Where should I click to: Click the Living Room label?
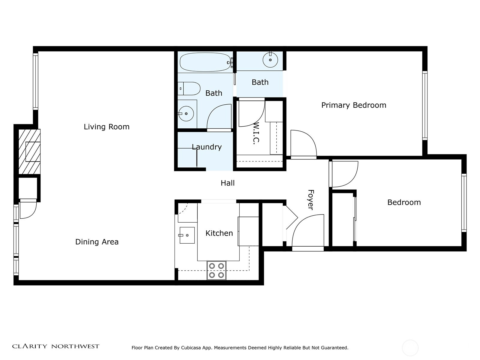[106, 127]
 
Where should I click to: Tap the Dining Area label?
[97, 242]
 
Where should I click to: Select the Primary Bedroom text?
[354, 105]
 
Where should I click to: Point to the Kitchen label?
[219, 233]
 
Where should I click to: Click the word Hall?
[228, 183]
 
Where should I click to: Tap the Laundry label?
[207, 147]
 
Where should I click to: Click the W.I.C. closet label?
[256, 133]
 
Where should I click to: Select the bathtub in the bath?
[205, 62]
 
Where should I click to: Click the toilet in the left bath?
[189, 88]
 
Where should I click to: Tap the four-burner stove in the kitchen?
[217, 270]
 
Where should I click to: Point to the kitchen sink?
[187, 235]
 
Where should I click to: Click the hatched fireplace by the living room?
[29, 151]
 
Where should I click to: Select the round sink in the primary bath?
[270, 60]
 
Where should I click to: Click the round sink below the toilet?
[186, 114]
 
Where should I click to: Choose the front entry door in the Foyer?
[308, 232]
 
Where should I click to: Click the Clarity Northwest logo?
[55, 346]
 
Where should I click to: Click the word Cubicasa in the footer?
[191, 348]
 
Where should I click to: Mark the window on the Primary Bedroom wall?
[425, 106]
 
